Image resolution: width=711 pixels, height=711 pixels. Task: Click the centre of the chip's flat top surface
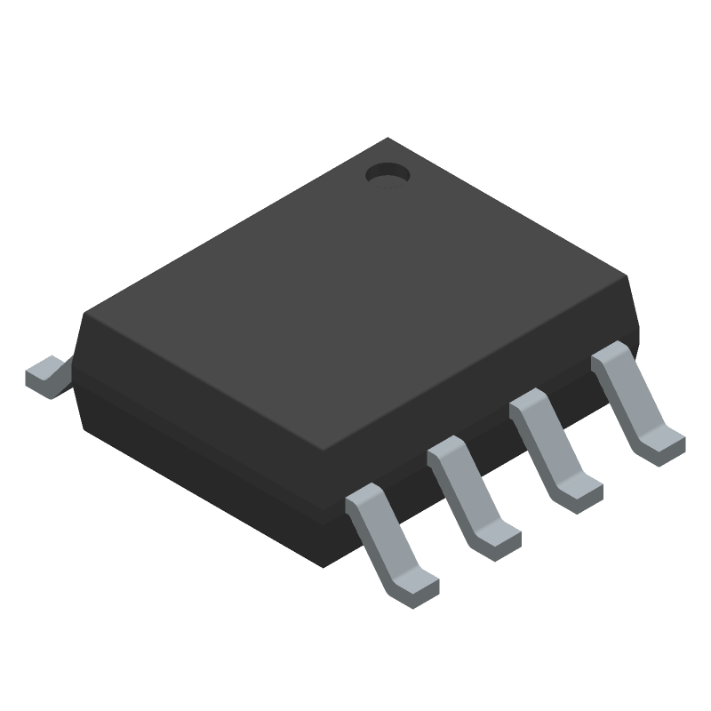coord(355,293)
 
